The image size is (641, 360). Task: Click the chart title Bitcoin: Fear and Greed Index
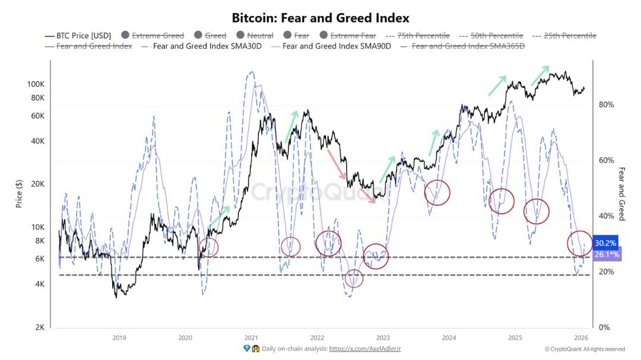point(320,18)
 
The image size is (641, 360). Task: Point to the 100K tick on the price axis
point(36,84)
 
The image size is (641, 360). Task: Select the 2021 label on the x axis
point(250,337)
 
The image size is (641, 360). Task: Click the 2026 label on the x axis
point(580,337)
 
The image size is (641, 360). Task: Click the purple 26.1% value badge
point(607,254)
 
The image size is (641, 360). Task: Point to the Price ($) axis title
point(20,194)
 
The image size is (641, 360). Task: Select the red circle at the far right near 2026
point(580,243)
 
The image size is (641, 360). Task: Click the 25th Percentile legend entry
point(570,36)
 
